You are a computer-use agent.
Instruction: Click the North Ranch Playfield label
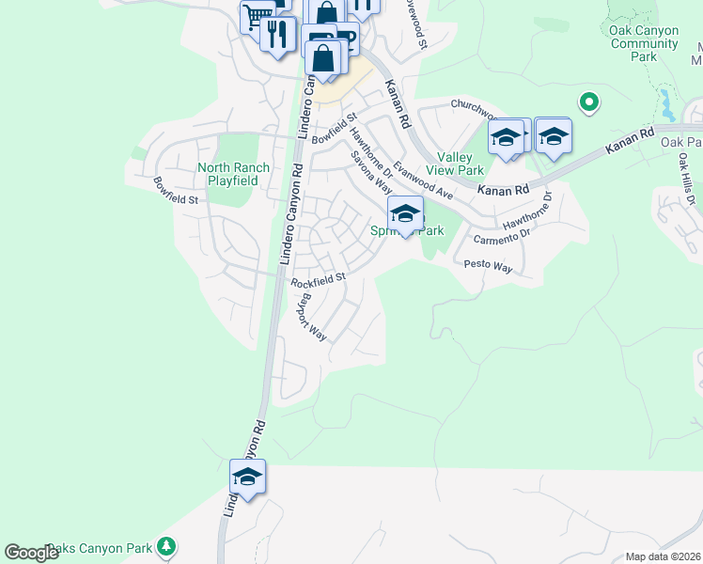[233, 174]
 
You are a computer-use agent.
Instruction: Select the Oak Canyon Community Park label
[644, 43]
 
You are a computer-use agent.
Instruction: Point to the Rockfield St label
[319, 279]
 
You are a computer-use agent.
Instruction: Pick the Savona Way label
[371, 173]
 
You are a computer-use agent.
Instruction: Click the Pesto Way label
[488, 267]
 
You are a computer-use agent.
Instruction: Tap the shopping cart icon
[256, 16]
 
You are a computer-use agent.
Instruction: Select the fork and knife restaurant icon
[277, 35]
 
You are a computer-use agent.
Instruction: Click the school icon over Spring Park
[405, 213]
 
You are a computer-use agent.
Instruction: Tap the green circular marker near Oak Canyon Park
[589, 102]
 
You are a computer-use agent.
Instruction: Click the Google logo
[31, 553]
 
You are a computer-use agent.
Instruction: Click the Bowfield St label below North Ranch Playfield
[177, 192]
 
